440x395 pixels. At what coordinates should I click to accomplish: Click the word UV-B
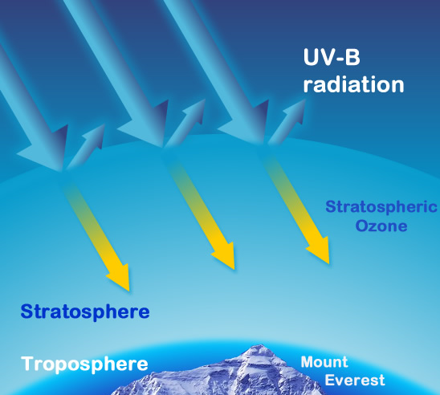[x=332, y=57]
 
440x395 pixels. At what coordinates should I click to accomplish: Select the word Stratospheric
[x=381, y=208]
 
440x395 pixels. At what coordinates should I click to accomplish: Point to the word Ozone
[x=381, y=226]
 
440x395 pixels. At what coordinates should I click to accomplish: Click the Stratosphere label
[x=85, y=312]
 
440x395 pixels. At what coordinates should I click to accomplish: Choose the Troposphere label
[x=84, y=364]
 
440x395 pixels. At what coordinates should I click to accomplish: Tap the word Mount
[x=324, y=362]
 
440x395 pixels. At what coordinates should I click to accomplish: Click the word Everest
[x=355, y=381]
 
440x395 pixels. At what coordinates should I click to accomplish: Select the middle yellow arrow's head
[x=225, y=255]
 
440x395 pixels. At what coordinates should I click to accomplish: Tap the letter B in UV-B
[x=352, y=58]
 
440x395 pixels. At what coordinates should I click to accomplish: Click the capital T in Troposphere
[x=27, y=364]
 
